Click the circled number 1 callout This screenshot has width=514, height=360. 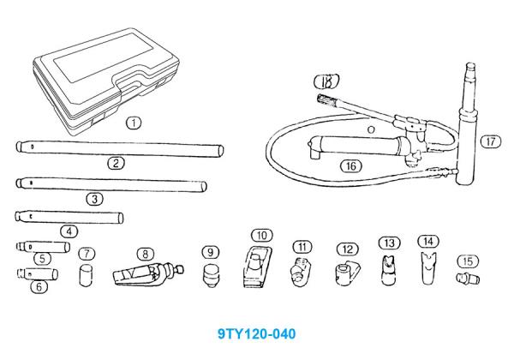coord(133,123)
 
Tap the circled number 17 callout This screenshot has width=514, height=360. coord(488,141)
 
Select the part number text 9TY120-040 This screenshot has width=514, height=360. coord(256,329)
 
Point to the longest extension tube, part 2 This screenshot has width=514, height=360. coord(120,147)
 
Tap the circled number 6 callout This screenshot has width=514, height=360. coord(38,287)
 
